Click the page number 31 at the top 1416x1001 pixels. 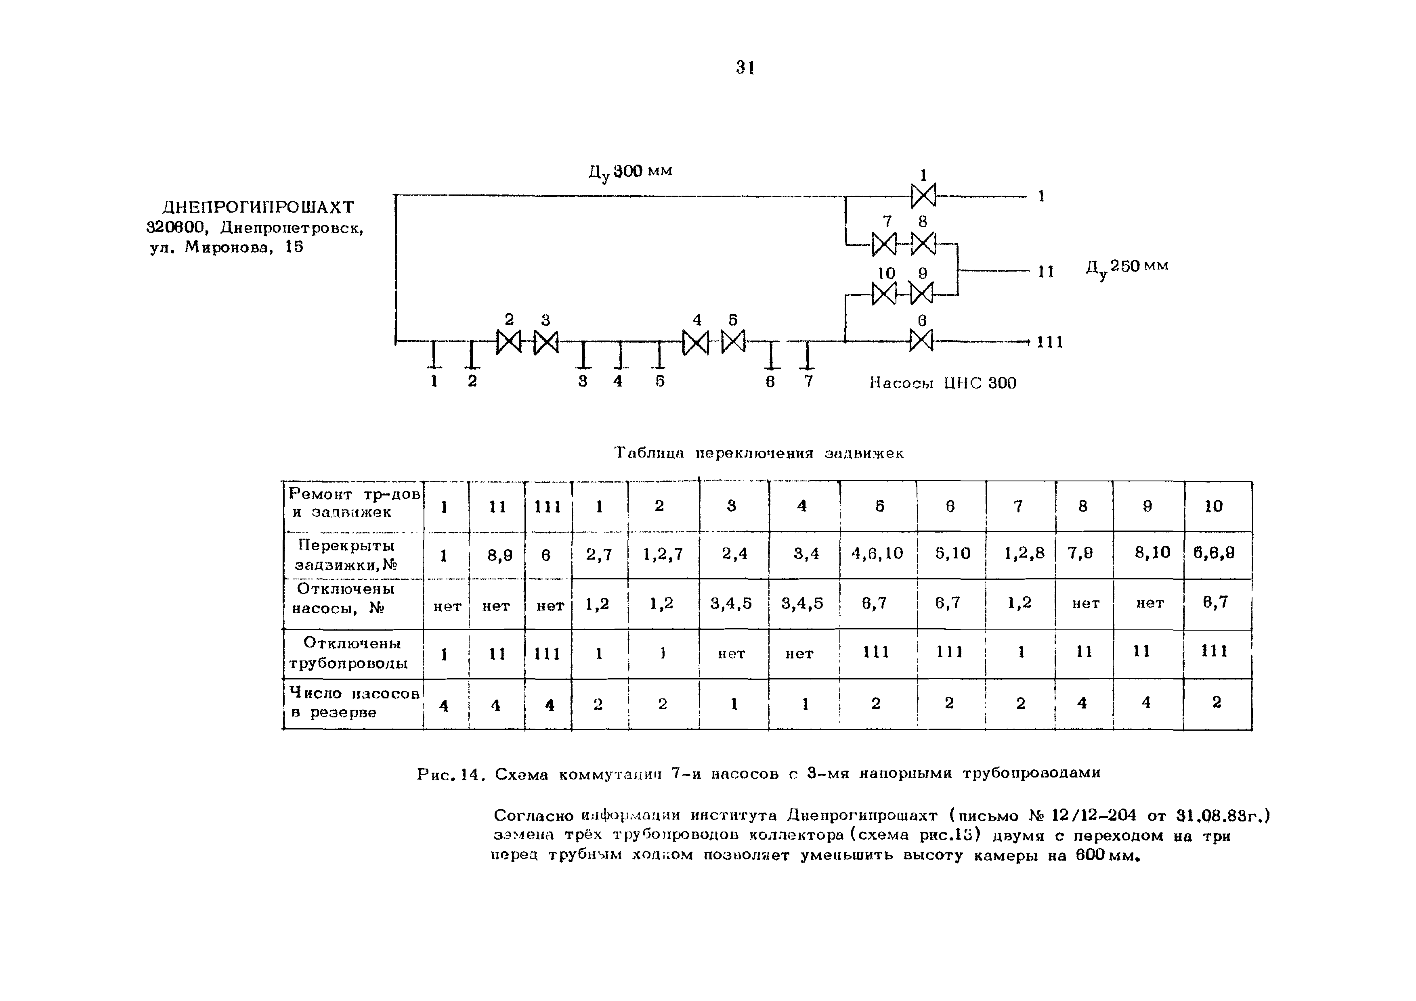click(x=745, y=67)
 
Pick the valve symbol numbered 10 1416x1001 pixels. click(x=884, y=293)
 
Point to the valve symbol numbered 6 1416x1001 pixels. click(x=921, y=340)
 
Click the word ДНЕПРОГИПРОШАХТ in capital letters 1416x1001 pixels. click(x=258, y=207)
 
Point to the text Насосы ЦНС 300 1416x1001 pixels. click(x=942, y=383)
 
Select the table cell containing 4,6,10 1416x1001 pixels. click(x=877, y=554)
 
